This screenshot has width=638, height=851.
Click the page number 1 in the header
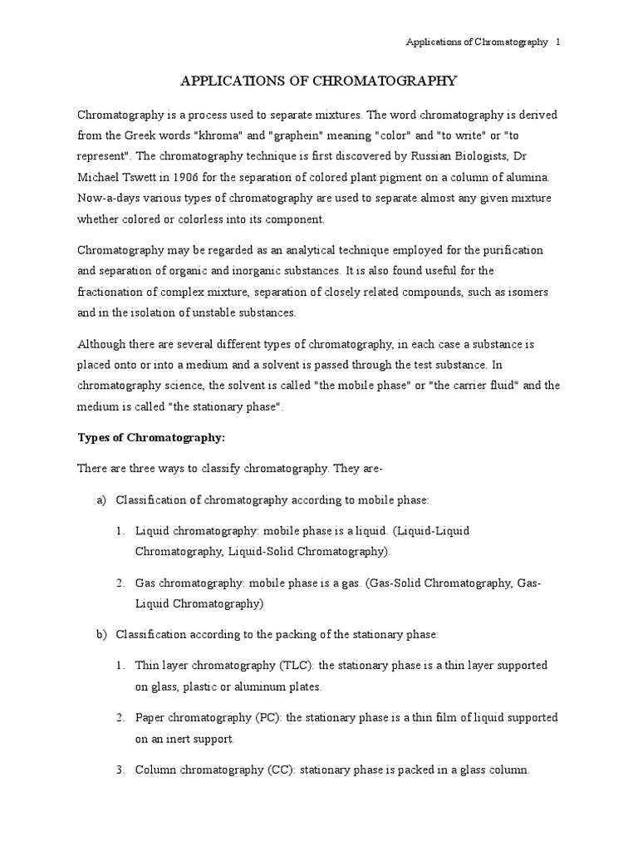[x=558, y=42]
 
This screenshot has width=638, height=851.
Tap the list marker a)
[x=102, y=499]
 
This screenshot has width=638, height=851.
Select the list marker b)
[x=102, y=635]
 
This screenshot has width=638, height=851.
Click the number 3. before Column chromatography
[x=120, y=770]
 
